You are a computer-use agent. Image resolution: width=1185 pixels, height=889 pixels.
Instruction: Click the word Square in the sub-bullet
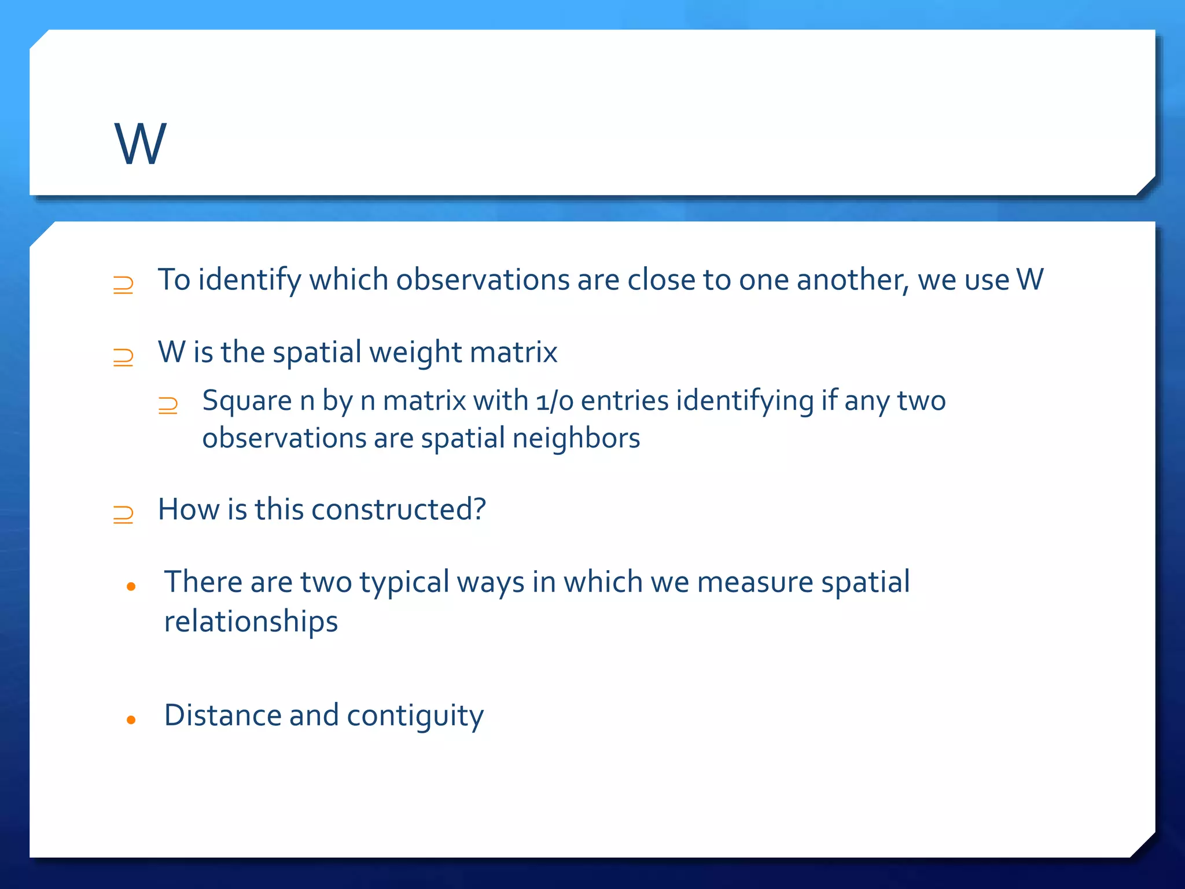coord(247,402)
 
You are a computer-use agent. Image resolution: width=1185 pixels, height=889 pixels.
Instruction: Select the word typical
coord(404,582)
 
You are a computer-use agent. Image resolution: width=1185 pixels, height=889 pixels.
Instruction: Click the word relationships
coord(251,622)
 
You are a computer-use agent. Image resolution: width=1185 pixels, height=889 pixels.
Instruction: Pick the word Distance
coord(222,715)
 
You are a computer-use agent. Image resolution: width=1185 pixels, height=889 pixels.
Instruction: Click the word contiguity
coord(415,717)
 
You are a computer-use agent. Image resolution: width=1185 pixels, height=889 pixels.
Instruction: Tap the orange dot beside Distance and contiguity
coord(131,720)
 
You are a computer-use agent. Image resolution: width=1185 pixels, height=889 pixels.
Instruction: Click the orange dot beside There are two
coord(131,587)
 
